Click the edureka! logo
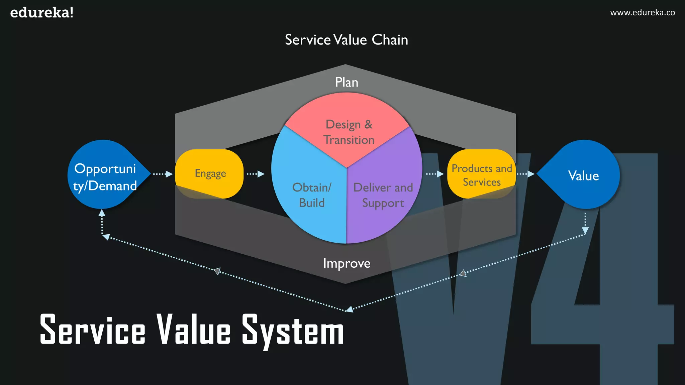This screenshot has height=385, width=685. [x=42, y=13]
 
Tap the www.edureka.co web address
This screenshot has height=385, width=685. [x=642, y=13]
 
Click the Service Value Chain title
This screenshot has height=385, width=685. [x=346, y=40]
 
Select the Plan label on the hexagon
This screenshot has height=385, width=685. [x=347, y=82]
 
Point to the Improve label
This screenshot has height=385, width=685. [x=347, y=263]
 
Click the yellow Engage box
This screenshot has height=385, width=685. [x=210, y=173]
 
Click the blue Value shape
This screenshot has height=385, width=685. [x=584, y=175]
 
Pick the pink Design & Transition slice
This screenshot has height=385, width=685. [x=348, y=132]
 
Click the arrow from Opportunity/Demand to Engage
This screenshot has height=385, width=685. [x=163, y=174]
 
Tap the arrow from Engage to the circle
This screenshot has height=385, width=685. [x=256, y=174]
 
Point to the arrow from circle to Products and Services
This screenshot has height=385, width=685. [x=435, y=174]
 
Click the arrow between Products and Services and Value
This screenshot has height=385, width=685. [x=526, y=174]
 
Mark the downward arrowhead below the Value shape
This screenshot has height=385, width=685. [x=585, y=230]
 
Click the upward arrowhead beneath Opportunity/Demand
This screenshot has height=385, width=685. [x=102, y=213]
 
